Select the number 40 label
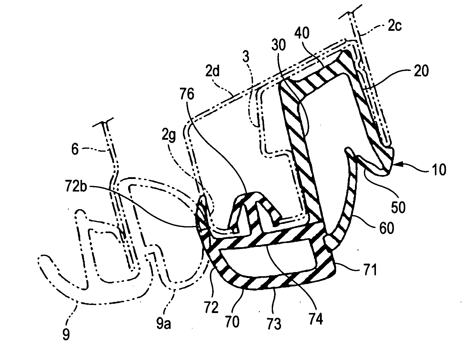(302, 33)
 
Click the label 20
(421, 71)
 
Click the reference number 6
(75, 149)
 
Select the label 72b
(76, 186)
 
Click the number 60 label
(387, 228)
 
